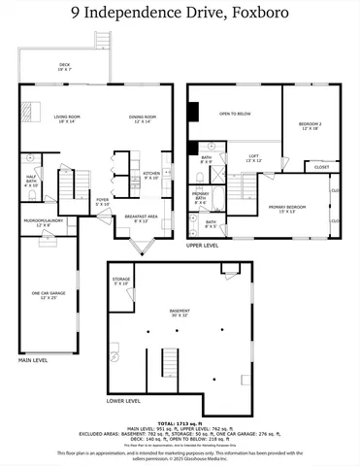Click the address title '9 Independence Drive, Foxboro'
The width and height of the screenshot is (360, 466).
(180, 12)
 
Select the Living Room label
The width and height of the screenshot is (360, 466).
(66, 118)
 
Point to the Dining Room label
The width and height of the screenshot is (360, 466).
(142, 118)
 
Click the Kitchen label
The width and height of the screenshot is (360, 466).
(151, 176)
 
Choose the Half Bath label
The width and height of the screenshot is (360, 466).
(31, 181)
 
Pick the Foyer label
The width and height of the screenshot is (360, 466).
(102, 202)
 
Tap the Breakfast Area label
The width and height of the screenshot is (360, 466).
(142, 218)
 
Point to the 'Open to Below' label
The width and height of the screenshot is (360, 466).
(235, 115)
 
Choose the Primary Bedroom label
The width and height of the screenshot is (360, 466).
(286, 208)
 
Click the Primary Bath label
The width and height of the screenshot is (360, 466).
(201, 196)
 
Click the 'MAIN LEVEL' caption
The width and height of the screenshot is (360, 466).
(33, 360)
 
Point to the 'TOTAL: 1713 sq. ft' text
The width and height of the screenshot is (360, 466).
(180, 424)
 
